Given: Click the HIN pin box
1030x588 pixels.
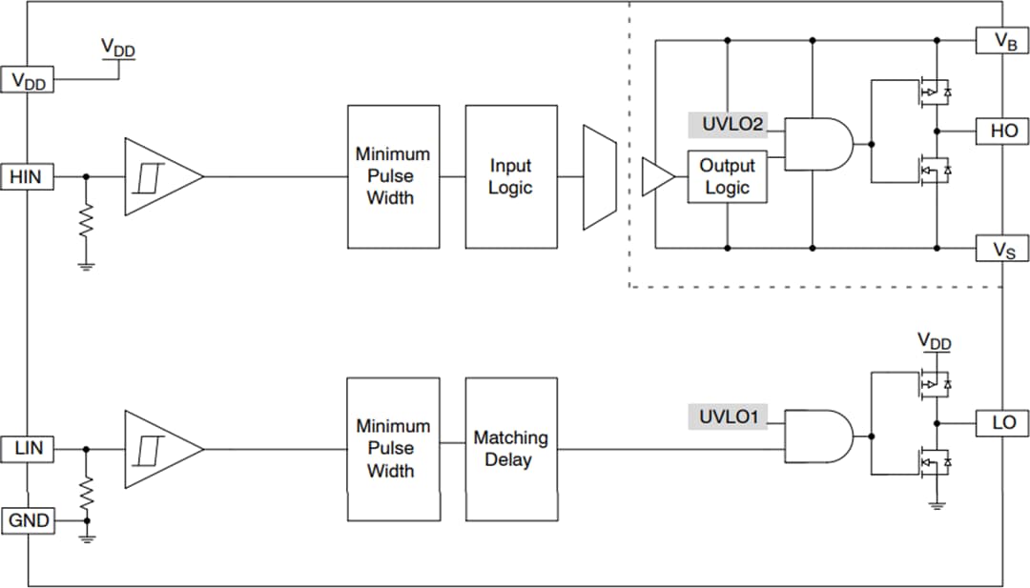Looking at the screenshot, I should point(27,176).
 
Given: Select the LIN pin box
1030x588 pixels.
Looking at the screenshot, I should point(27,447).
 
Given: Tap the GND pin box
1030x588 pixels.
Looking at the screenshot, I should point(27,521).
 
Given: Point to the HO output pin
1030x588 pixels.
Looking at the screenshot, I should point(1002,132).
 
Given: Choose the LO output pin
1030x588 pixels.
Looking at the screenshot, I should point(1002,422).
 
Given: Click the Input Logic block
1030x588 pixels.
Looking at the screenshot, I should point(510,177).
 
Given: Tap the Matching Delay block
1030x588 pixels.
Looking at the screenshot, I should point(510,449).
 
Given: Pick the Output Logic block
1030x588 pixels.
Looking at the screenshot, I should point(727,176).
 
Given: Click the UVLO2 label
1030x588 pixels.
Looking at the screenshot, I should point(727,125).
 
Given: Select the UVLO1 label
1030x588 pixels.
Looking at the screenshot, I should point(727,416).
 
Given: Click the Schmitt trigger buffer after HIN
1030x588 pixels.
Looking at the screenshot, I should point(160,177).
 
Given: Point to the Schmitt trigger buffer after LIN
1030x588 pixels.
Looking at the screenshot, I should point(160,448).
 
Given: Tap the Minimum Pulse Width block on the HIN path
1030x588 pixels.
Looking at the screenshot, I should point(392,177).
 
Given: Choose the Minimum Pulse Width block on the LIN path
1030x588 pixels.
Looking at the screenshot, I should point(392,449).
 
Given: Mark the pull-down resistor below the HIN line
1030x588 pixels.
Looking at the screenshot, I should point(87,220).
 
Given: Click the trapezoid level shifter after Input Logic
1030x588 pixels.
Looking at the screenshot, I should point(600,177).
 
